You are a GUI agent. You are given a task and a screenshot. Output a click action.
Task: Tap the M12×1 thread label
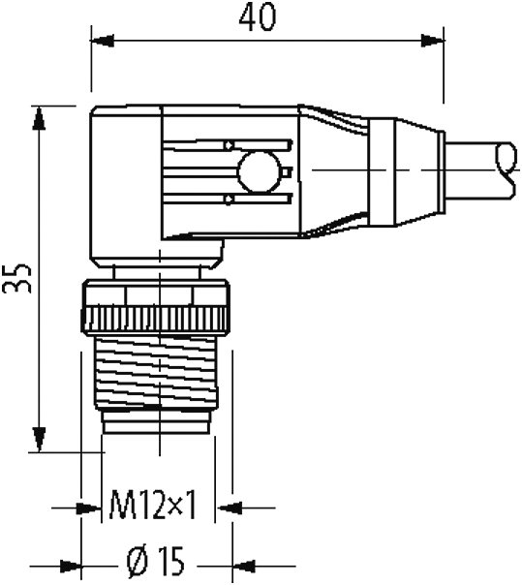tap(153, 505)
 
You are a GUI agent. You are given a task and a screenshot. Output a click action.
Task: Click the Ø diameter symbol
tap(137, 561)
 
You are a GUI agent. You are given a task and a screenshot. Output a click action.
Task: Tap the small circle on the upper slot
tap(228, 145)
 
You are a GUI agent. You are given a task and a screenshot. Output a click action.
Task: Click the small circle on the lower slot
tap(228, 200)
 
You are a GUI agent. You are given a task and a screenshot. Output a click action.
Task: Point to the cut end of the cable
tap(506, 168)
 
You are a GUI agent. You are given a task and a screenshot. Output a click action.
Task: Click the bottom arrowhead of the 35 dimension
tap(39, 441)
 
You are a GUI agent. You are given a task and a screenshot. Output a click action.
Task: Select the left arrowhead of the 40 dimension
tap(99, 41)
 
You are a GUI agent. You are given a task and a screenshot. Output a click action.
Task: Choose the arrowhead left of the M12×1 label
tap(93, 506)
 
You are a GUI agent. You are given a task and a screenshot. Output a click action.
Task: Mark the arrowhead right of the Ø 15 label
tap(243, 562)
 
